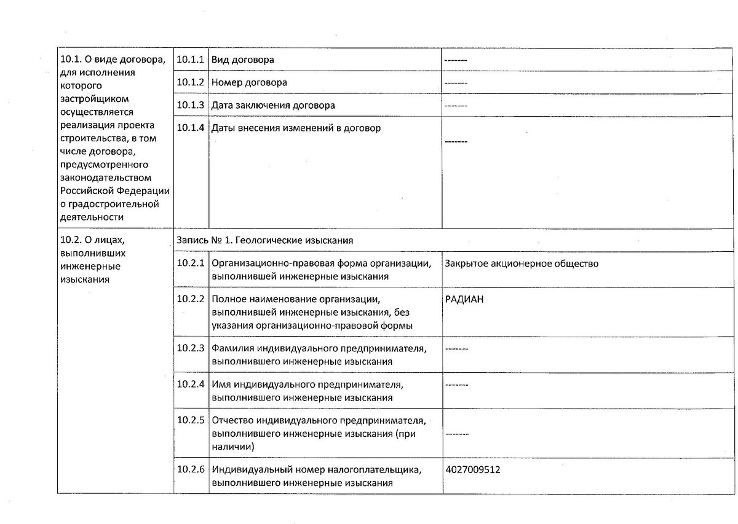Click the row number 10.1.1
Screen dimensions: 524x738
click(190, 60)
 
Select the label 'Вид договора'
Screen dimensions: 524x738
click(243, 60)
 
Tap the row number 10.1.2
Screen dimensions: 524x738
click(190, 82)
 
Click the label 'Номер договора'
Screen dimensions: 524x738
click(249, 82)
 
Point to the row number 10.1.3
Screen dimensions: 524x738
click(190, 104)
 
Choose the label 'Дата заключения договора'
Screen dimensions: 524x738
click(273, 105)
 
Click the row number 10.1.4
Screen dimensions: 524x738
click(190, 128)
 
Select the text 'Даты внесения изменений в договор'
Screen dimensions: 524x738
click(296, 128)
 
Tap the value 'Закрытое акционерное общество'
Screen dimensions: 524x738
click(522, 264)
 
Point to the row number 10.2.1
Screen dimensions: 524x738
click(190, 263)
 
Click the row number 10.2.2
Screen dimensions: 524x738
click(190, 299)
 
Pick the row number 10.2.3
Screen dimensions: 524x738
click(190, 348)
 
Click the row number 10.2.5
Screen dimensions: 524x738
click(190, 421)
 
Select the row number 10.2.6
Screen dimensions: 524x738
click(190, 470)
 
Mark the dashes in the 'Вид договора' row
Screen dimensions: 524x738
click(456, 60)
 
